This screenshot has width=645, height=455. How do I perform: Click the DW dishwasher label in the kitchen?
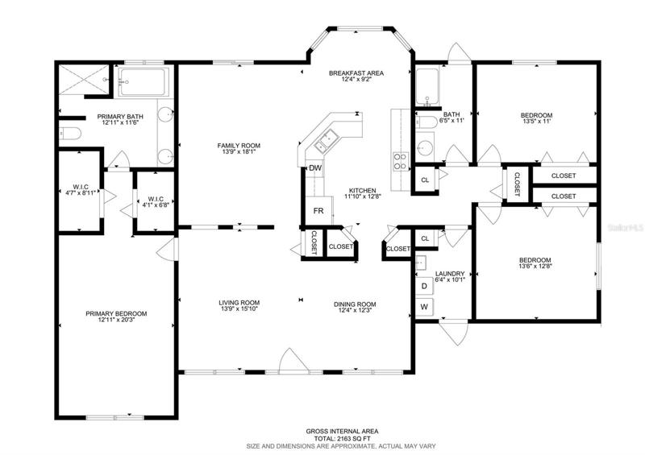click(315, 168)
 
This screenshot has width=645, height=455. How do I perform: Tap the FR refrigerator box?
click(318, 211)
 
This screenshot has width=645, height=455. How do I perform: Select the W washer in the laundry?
click(424, 307)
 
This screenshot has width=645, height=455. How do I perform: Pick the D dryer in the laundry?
click(424, 286)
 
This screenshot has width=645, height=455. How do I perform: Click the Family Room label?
click(239, 146)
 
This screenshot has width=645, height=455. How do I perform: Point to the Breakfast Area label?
click(356, 73)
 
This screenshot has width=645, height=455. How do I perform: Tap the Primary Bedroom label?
click(116, 313)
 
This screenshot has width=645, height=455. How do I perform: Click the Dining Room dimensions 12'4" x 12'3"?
click(355, 310)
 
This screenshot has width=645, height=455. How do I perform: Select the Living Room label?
click(239, 303)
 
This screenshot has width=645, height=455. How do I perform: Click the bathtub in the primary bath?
click(144, 82)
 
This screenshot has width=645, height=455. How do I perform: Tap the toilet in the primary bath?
click(70, 133)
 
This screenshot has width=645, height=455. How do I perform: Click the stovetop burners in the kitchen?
click(401, 161)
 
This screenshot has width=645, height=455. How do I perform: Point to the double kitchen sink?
click(327, 140)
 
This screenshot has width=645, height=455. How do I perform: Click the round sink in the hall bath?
click(425, 148)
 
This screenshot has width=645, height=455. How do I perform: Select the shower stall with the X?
click(84, 80)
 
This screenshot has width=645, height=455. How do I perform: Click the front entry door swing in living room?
click(293, 361)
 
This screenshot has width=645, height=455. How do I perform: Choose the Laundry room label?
click(450, 274)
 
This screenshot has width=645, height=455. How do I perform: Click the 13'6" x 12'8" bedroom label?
click(535, 266)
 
